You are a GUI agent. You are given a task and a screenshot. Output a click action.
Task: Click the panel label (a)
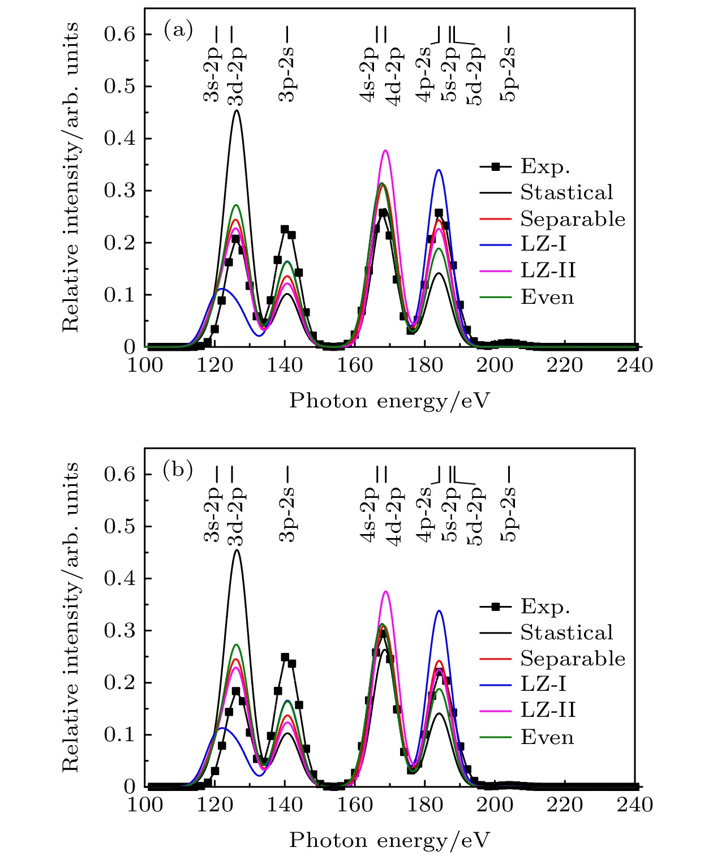tap(178, 30)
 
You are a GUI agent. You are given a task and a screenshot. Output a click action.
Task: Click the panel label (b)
tap(178, 470)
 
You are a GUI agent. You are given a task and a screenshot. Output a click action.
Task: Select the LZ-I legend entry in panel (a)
tap(543, 244)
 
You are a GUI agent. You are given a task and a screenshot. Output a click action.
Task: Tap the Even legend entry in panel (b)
tap(547, 737)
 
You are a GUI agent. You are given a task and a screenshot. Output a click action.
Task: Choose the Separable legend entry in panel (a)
tap(572, 218)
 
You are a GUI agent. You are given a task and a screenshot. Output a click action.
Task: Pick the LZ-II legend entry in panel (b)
tap(548, 710)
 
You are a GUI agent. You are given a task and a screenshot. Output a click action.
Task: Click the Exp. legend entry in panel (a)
tap(545, 166)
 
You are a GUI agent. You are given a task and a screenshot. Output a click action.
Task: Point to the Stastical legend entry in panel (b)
tap(566, 632)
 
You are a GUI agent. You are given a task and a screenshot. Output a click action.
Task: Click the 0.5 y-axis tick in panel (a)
tap(119, 87)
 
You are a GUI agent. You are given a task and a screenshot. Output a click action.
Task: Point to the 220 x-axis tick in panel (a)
tap(564, 365)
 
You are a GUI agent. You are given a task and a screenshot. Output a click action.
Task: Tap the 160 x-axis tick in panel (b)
tap(355, 805)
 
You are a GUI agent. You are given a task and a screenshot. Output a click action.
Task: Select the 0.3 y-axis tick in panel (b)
tap(119, 631)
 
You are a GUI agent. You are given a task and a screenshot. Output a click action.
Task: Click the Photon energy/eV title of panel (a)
tap(389, 401)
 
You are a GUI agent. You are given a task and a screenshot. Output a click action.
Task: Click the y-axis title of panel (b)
tap(70, 617)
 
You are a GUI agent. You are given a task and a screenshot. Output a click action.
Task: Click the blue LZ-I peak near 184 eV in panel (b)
tap(439, 611)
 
